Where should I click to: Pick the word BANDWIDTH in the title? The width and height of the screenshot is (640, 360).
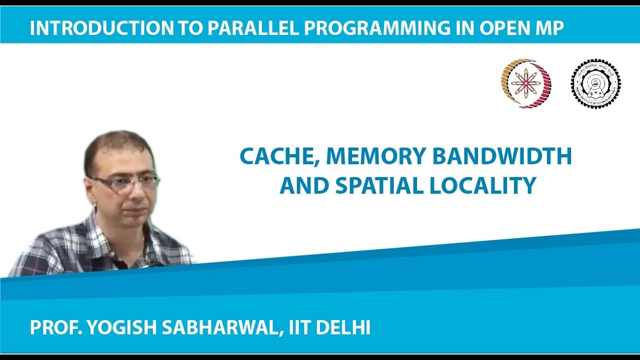click(x=502, y=156)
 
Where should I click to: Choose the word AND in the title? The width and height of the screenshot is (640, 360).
click(x=303, y=185)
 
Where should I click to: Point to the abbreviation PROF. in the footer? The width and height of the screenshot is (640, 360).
click(x=55, y=328)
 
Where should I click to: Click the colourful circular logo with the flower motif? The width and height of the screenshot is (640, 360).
click(x=526, y=83)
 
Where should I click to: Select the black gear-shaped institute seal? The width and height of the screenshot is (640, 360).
click(x=595, y=83)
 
